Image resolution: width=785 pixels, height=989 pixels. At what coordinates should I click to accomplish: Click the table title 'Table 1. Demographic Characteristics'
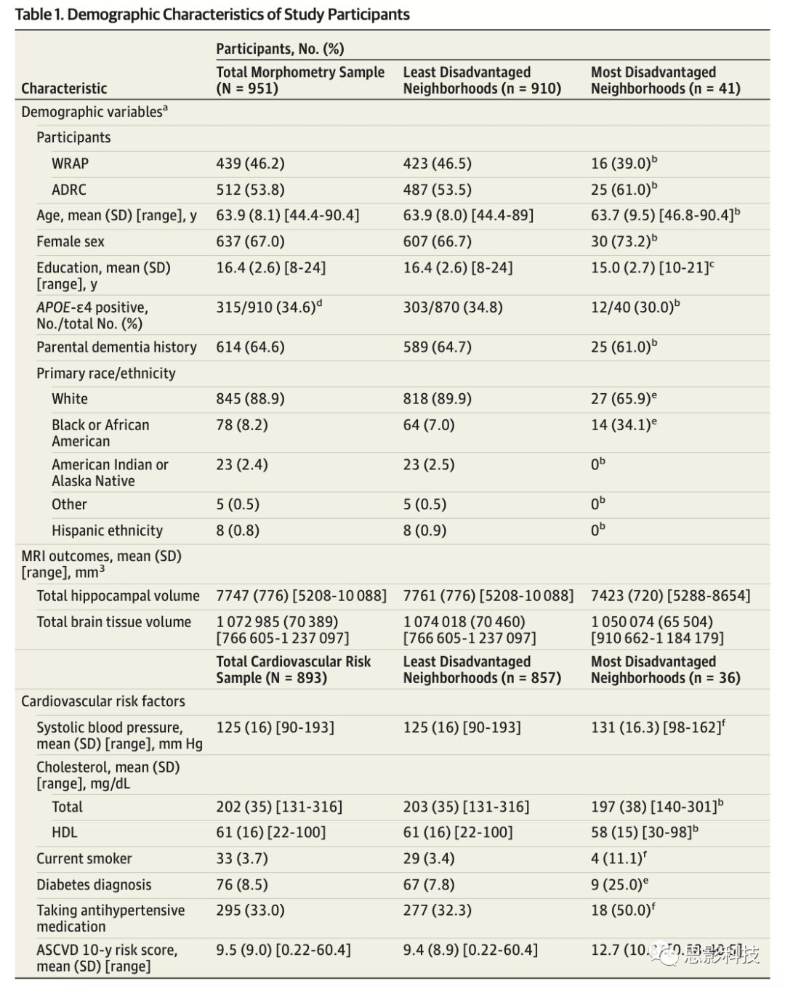pos(212,15)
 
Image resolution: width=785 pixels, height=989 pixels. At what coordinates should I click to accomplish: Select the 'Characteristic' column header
pos(64,89)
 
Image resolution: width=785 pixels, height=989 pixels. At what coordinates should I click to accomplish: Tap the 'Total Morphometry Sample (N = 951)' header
pos(299,81)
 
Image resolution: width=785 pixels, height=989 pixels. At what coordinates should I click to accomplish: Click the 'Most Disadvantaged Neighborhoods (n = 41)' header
pos(665,81)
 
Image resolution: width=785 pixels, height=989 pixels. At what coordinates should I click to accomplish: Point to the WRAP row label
pos(70,164)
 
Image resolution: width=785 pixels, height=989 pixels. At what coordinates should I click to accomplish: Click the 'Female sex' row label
pos(71,242)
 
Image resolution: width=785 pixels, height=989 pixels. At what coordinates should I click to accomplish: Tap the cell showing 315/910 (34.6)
pos(265,307)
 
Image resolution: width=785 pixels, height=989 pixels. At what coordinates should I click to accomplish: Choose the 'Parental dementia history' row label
pos(116,347)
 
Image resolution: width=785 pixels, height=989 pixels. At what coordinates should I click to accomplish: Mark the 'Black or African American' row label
pos(100,433)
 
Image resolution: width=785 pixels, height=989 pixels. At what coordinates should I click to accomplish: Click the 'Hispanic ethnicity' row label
pos(107,530)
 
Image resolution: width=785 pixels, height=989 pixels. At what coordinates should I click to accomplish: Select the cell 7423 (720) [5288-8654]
pos(670,596)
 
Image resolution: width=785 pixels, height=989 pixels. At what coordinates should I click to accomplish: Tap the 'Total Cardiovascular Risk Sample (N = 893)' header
pos(293,669)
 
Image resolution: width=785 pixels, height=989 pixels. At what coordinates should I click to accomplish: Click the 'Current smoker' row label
pos(84,859)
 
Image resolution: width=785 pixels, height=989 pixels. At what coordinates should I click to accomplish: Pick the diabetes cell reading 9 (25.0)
pos(616,885)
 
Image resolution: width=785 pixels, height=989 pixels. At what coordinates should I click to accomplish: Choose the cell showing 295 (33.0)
pos(250,911)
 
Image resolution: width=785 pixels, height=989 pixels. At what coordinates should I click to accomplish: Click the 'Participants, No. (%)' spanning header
pos(280,49)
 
